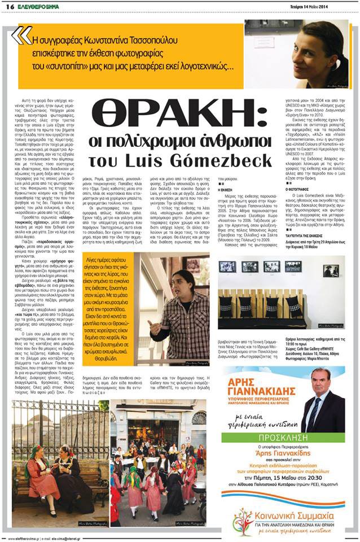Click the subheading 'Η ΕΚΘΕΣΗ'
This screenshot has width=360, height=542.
coord(226,191)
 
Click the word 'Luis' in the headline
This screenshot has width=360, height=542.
coord(154,161)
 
